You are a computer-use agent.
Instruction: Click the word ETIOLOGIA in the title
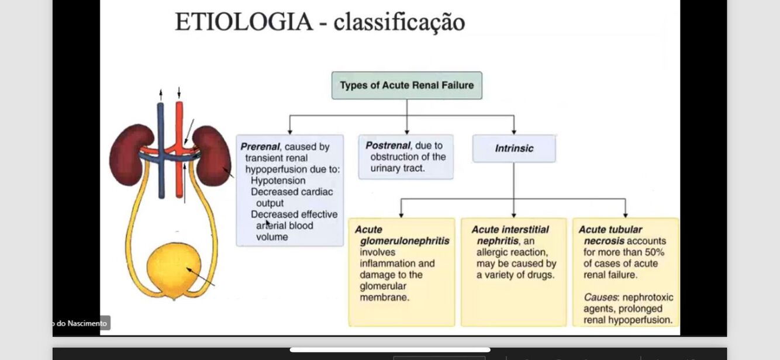click(244, 22)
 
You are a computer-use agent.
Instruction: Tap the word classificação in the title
click(399, 22)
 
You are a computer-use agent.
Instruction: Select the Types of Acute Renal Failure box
click(407, 85)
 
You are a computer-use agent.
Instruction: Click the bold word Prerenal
click(260, 147)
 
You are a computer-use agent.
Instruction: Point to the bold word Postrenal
click(388, 146)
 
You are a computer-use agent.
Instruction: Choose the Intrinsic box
click(514, 148)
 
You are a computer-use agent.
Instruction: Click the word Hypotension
click(278, 181)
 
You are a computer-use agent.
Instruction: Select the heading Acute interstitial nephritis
click(510, 235)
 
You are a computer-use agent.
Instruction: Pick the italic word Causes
click(600, 297)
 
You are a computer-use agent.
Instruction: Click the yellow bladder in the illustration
click(174, 271)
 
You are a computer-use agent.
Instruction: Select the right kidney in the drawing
click(212, 155)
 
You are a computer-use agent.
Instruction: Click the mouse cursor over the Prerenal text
click(267, 223)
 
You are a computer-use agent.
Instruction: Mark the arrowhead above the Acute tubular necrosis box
click(625, 214)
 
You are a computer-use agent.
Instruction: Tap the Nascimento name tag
click(81, 323)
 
